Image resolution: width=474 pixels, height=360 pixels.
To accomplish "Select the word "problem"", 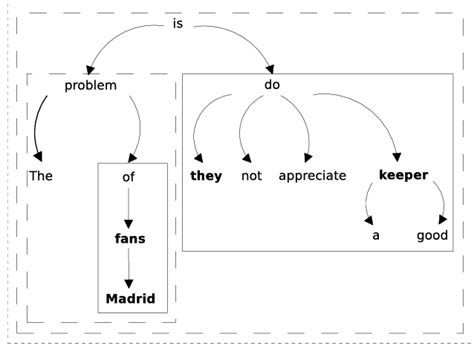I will coord(91,85).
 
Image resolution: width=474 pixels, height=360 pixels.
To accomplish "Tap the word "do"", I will coord(272,85).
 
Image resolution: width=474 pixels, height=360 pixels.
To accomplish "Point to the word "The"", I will coord(40,176).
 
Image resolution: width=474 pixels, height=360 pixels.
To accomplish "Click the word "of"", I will coord(128,176).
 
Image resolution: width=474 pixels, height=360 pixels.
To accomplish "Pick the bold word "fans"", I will coord(129,239).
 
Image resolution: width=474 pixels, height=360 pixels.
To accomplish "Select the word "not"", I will coord(251,176).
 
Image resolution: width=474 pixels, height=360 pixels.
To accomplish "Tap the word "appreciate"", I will coord(312,176).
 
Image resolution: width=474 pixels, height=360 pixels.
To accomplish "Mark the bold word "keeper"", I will coord(403,176).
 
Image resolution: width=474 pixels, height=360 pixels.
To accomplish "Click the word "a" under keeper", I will coord(375,236).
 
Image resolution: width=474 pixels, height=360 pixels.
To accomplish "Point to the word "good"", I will coord(435,236).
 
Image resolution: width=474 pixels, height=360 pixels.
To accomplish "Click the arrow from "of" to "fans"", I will coord(128,208).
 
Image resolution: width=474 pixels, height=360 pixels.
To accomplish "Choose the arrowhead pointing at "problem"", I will coord(91,68).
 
